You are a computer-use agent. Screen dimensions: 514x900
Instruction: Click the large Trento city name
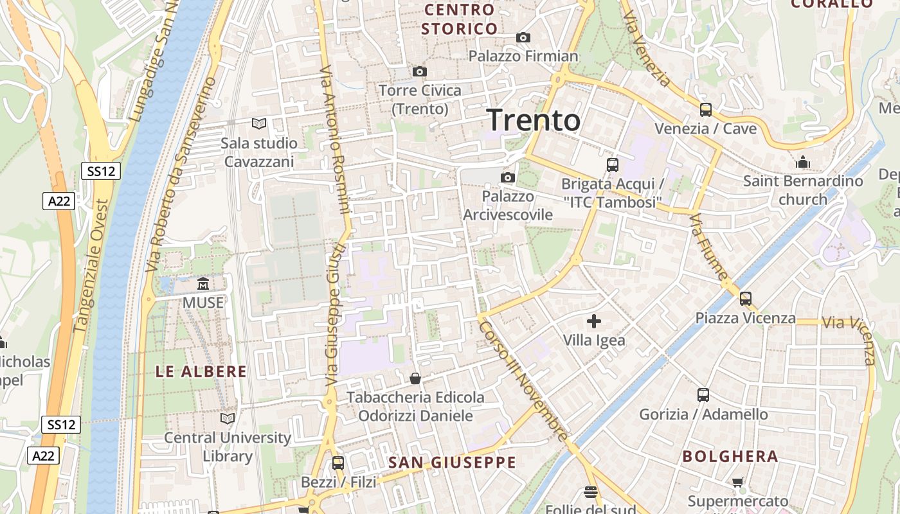534,120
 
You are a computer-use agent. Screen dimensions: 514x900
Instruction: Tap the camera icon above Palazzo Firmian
523,38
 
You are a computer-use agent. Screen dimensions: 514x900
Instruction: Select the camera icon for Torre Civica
420,71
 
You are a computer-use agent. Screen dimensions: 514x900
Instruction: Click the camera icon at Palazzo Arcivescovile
508,177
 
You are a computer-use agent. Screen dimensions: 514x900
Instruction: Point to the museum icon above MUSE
203,283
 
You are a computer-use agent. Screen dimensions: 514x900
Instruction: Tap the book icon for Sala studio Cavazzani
259,124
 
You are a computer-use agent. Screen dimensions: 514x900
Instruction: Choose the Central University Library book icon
228,419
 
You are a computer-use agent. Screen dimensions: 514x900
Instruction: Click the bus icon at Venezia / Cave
705,110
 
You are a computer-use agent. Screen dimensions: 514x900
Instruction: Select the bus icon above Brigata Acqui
612,165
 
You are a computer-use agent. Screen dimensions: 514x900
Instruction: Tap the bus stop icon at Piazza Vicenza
745,299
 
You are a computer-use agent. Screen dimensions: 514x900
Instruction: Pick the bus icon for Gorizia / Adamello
703,395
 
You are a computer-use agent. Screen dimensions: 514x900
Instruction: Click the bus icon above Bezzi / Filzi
337,463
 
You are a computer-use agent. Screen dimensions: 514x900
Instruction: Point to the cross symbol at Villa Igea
594,321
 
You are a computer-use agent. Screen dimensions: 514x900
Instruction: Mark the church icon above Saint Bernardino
802,162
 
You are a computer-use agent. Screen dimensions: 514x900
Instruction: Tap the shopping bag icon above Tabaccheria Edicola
415,378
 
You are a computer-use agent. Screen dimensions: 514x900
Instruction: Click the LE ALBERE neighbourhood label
201,371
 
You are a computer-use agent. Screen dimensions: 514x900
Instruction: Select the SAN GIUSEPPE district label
452,463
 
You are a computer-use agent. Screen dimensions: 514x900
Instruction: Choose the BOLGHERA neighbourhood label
730,457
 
